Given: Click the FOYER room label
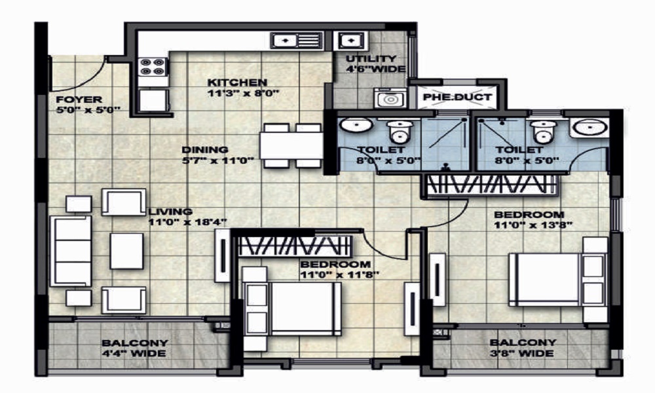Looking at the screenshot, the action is coord(79,100).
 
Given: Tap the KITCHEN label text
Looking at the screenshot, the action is coord(237,83).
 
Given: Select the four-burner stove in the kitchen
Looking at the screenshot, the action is coord(153,67).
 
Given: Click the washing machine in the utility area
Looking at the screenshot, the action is coord(390,99).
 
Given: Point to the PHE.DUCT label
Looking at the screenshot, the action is coord(457,98).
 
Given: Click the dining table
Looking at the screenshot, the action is coord(291,145).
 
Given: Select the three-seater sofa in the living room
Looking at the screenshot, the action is coord(71,251).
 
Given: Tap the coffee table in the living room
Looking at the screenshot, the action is coord(126,251).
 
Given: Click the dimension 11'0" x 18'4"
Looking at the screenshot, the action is coord(187,223).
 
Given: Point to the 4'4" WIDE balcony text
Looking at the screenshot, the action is coord(134,354).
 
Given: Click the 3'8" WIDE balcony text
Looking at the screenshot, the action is coord(522,353).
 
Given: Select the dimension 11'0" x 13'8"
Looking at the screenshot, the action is coord(533,225).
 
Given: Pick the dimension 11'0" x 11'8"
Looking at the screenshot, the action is coord(339,275).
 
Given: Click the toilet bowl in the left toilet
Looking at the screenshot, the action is coord(400,132).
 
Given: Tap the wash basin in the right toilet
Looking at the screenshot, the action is coord(590,127).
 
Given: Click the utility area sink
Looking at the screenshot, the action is coord(350,41).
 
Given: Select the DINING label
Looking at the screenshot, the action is coord(204,149).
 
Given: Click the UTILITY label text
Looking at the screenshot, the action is coord(371,59).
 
